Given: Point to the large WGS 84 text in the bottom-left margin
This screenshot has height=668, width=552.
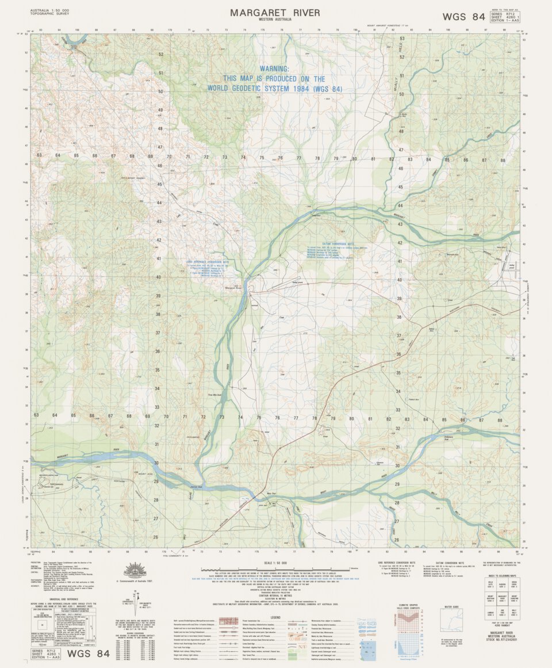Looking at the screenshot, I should [x=88, y=654].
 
